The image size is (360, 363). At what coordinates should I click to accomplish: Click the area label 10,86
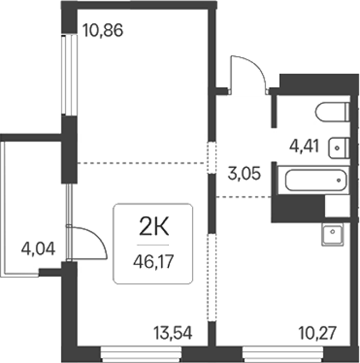103,31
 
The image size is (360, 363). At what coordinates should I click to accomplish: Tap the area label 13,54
173,333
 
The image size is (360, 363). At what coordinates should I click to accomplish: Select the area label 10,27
318,333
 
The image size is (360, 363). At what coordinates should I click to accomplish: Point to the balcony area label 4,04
38,249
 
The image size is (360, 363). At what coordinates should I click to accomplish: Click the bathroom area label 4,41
304,146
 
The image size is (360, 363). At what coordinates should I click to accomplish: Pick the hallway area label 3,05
244,173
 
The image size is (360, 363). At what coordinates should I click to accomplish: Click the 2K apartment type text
154,226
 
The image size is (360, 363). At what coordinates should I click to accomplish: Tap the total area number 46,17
154,262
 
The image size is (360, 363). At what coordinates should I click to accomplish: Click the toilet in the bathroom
332,112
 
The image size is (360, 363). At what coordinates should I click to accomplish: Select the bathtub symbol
316,180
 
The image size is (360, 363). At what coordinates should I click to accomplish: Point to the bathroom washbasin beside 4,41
339,148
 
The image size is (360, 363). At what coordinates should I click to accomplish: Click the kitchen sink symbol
332,235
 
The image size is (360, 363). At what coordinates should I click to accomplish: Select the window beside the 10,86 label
69,75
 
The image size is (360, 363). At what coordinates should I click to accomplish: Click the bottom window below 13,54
141,354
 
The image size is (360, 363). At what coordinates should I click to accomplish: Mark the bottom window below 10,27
283,354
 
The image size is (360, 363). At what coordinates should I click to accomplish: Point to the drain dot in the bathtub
339,180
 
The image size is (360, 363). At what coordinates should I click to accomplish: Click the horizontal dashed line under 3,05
244,197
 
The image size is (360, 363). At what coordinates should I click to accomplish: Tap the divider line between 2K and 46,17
153,245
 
